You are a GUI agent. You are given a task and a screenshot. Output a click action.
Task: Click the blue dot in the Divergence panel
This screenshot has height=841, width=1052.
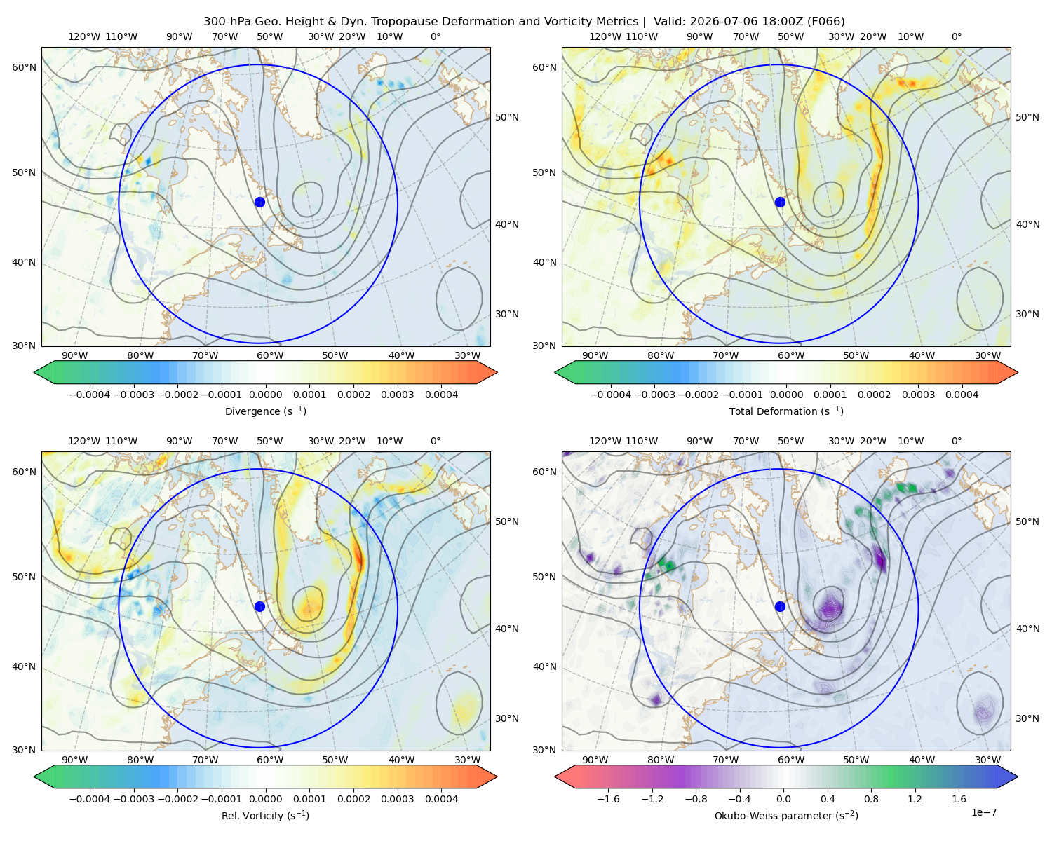point(259,202)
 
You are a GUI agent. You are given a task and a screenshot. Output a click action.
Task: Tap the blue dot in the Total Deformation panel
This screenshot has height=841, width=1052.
point(780,202)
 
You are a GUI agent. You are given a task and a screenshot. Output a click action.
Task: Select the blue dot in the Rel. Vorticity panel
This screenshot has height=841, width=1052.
point(259,606)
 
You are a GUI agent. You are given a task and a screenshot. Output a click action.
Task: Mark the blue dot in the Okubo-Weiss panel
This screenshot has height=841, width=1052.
point(780,606)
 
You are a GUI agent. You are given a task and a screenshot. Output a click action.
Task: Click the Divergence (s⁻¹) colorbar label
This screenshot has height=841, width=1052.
point(265,411)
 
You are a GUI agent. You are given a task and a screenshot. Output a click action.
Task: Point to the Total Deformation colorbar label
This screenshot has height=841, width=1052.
point(786,411)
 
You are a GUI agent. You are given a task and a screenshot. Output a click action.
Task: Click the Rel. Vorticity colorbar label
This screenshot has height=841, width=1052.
point(265,815)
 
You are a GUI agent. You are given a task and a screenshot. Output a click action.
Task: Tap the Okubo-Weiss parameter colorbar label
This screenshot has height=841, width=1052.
point(786,815)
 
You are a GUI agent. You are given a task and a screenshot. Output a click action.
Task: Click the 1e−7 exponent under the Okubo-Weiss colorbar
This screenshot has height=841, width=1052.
point(983,812)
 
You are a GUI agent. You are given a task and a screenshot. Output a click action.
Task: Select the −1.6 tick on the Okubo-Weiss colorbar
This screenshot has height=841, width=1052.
point(608,798)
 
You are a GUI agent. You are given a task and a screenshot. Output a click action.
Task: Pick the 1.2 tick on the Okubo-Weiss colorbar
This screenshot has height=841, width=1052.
point(915,798)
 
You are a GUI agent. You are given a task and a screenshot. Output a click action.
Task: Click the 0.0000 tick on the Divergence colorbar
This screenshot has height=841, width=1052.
point(265,395)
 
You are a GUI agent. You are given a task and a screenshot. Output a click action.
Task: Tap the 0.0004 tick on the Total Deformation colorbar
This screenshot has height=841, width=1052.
point(962,395)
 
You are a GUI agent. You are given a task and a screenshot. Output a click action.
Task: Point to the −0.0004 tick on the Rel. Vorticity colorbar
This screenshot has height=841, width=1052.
point(90,798)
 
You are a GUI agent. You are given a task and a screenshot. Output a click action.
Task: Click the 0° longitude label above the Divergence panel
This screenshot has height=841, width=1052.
point(436,36)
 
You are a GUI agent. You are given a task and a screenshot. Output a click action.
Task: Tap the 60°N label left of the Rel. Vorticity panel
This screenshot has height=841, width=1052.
point(24,472)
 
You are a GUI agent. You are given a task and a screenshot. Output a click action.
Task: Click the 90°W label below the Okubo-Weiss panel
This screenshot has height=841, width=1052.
point(595,760)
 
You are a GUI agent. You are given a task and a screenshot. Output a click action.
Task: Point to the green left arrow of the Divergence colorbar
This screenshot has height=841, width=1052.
point(45,372)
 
